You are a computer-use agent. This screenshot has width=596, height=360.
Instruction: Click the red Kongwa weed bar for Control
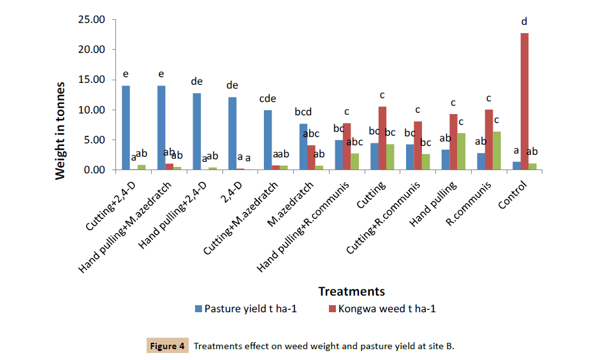pos(524,102)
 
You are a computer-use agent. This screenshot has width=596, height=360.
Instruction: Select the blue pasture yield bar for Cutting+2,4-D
pos(126,127)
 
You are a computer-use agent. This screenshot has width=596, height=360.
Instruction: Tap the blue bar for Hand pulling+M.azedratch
pos(161,127)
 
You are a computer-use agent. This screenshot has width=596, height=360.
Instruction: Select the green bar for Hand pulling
pos(462,152)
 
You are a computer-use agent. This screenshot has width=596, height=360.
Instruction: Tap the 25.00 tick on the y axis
pos(91,19)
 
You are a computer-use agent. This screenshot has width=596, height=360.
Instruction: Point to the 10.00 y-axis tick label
pos(91,110)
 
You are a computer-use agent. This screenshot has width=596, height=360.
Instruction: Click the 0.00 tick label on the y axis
pos(94,170)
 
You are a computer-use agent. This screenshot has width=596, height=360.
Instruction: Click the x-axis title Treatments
pos(351,291)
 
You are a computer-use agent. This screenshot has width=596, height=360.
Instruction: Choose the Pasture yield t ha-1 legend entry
pos(249,309)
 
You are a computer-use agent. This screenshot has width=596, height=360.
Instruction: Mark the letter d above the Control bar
pos(524,22)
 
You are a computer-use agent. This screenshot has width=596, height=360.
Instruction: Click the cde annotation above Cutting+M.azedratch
pos(267,99)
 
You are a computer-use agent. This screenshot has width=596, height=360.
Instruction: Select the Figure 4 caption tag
pos(167,346)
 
